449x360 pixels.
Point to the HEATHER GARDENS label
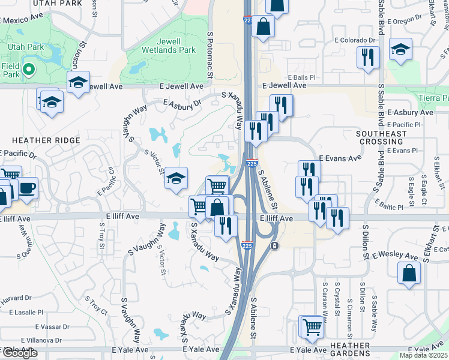click(x=350, y=350)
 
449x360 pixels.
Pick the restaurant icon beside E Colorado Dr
click(x=367, y=57)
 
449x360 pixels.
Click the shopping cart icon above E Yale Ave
click(x=312, y=327)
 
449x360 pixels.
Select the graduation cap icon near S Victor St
click(x=176, y=178)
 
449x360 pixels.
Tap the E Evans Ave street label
click(x=340, y=158)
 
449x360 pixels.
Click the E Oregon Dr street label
click(x=412, y=20)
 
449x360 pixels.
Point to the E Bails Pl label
click(x=301, y=77)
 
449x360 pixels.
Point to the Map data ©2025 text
click(x=424, y=355)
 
